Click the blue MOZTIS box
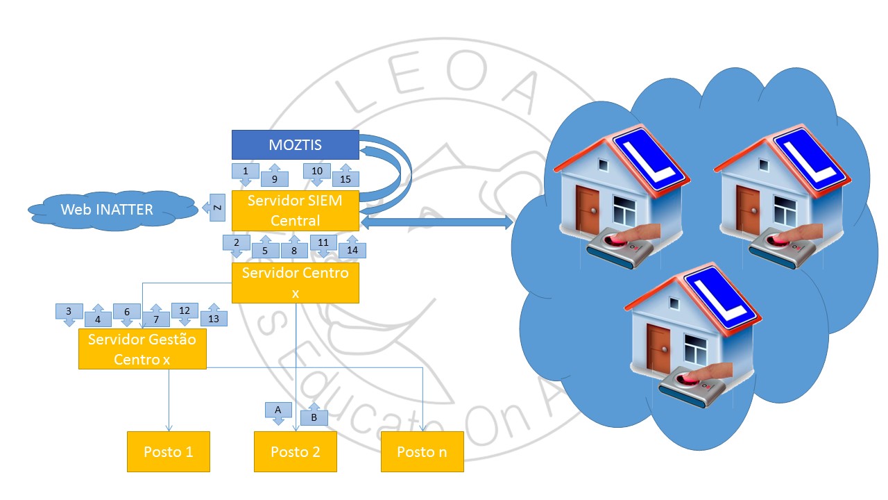coord(295,145)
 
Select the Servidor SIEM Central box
coord(295,210)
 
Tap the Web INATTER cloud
coord(107,209)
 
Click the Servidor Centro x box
coord(295,283)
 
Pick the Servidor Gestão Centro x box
coord(142,349)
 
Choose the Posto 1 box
coord(169,451)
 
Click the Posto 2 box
coord(295,451)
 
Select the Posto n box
coord(422,451)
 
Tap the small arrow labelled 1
coord(245,173)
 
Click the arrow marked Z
coord(216,208)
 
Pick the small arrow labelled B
coord(314,415)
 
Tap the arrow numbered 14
coord(352,248)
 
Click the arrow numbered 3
coord(69,314)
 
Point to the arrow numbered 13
coord(214,316)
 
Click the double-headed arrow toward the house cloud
coord(436,222)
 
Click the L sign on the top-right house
coord(810,157)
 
